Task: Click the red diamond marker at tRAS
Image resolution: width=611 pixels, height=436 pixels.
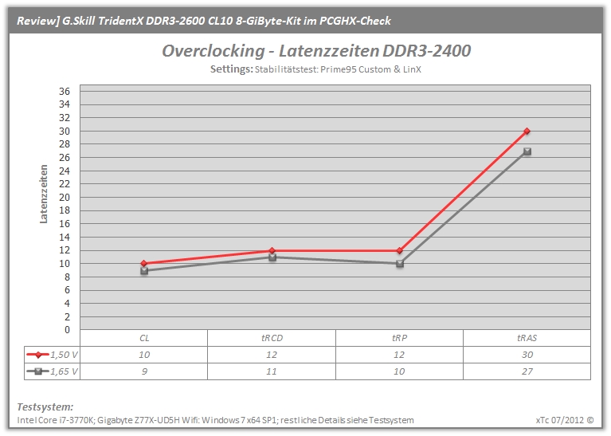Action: [x=527, y=131]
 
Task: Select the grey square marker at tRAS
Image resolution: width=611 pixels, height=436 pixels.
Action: [x=527, y=151]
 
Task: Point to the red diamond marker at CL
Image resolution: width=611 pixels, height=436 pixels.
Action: [x=143, y=264]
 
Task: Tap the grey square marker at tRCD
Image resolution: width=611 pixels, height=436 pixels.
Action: [x=272, y=257]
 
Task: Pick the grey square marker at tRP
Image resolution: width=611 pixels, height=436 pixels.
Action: [x=399, y=264]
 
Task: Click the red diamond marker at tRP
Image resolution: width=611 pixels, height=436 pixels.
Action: [x=399, y=250]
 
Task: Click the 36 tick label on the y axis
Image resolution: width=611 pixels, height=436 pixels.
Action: [x=65, y=91]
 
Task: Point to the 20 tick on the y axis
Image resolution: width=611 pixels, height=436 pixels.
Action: [x=65, y=198]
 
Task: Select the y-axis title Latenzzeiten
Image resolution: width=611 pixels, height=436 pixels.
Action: [x=44, y=194]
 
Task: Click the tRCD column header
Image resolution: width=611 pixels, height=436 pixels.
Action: [x=272, y=338]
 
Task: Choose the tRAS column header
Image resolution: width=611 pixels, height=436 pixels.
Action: [x=527, y=338]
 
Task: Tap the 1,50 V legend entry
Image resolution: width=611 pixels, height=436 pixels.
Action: [x=53, y=355]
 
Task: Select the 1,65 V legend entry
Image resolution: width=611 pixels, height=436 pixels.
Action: [x=53, y=371]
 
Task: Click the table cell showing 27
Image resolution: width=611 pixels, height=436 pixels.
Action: [x=527, y=371]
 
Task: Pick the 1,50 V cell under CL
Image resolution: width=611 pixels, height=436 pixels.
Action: [x=143, y=355]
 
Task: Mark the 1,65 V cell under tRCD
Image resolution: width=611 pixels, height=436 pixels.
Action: [x=272, y=371]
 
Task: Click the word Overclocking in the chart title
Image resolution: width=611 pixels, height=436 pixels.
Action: [x=213, y=51]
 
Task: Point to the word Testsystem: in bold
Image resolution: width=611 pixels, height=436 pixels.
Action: [x=45, y=407]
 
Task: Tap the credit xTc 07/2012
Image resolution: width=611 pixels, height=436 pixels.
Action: [x=559, y=420]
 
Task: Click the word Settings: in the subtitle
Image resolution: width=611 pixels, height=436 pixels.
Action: [x=232, y=69]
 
